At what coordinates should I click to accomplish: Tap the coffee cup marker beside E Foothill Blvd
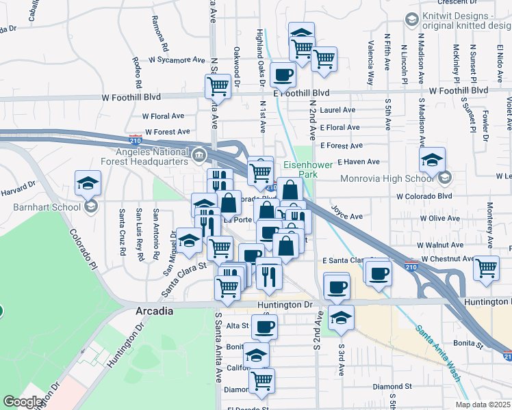tap(283, 74)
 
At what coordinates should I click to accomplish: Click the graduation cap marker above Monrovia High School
tap(432, 160)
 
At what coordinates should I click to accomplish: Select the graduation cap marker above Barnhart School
tap(88, 183)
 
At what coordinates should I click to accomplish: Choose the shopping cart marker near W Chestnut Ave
tap(486, 267)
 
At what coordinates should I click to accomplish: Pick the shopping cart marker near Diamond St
tap(261, 381)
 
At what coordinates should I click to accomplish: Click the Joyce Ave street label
tap(346, 212)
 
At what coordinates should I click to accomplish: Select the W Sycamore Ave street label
tap(171, 60)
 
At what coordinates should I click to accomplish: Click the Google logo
tap(23, 402)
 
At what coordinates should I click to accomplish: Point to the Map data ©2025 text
tap(482, 405)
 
